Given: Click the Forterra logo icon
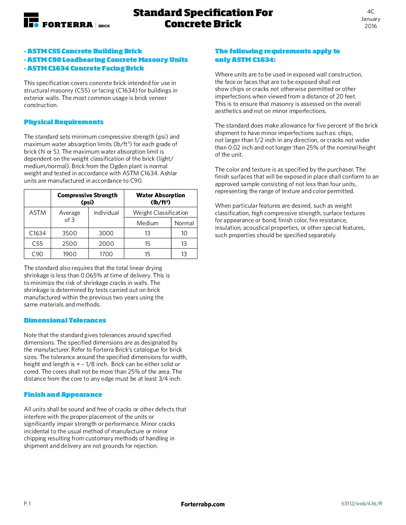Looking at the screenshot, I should point(31,20).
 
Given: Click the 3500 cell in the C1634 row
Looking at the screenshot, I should point(69,233).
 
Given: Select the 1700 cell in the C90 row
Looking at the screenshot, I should point(106,254).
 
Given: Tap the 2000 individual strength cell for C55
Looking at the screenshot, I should point(106,243).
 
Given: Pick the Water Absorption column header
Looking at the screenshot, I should point(160,198).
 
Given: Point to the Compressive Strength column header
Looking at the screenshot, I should point(87,198).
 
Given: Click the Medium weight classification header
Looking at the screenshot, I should point(147,223).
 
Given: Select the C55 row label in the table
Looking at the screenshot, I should point(37,243).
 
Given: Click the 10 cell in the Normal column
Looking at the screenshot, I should point(184,233).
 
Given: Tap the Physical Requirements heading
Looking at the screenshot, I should point(64,122).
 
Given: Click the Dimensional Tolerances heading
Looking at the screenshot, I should point(65,320).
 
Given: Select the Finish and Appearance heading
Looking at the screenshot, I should point(63,394).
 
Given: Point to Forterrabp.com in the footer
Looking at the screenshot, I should point(203,504).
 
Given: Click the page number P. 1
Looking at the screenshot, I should point(27,503).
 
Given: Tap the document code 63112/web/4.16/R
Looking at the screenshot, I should point(362,503).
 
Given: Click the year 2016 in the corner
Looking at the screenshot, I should point(371,26).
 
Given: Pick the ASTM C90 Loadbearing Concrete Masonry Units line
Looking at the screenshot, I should point(106,60).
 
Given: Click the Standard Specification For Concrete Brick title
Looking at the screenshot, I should point(203,18).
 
